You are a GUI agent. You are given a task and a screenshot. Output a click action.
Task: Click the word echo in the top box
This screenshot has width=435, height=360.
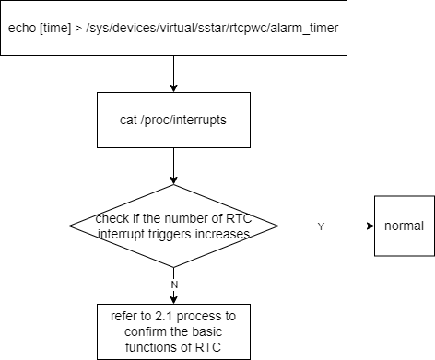pos(22,28)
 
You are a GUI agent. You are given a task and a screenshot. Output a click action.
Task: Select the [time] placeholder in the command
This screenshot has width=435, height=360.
pos(55,29)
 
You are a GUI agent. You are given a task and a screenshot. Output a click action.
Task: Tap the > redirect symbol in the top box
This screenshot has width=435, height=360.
pos(78,29)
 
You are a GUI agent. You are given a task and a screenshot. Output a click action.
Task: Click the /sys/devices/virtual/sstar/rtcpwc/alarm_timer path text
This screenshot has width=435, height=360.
pos(212,29)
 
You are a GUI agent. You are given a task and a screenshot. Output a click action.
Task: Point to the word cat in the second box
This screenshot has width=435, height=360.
pos(128,120)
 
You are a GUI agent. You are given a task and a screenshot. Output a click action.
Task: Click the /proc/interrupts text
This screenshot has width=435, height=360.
pos(183,121)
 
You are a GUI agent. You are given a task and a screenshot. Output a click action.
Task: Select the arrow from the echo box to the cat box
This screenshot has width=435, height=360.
pos(173,74)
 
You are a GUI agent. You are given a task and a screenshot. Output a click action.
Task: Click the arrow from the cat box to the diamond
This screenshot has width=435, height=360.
pos(173,166)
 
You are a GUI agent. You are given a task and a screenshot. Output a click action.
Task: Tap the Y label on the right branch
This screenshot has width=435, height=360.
pos(321,226)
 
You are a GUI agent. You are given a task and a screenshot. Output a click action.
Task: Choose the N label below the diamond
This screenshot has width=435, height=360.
pos(174,285)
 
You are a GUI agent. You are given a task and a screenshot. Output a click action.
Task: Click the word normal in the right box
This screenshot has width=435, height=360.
pos(404,226)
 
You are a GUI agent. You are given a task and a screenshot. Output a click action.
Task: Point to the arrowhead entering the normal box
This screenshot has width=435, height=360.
pos(371,226)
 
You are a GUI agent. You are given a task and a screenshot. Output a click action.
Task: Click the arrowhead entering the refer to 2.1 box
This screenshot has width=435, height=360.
pos(173,300)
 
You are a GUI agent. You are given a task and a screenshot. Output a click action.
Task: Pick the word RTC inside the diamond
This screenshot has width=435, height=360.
pos(239,218)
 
